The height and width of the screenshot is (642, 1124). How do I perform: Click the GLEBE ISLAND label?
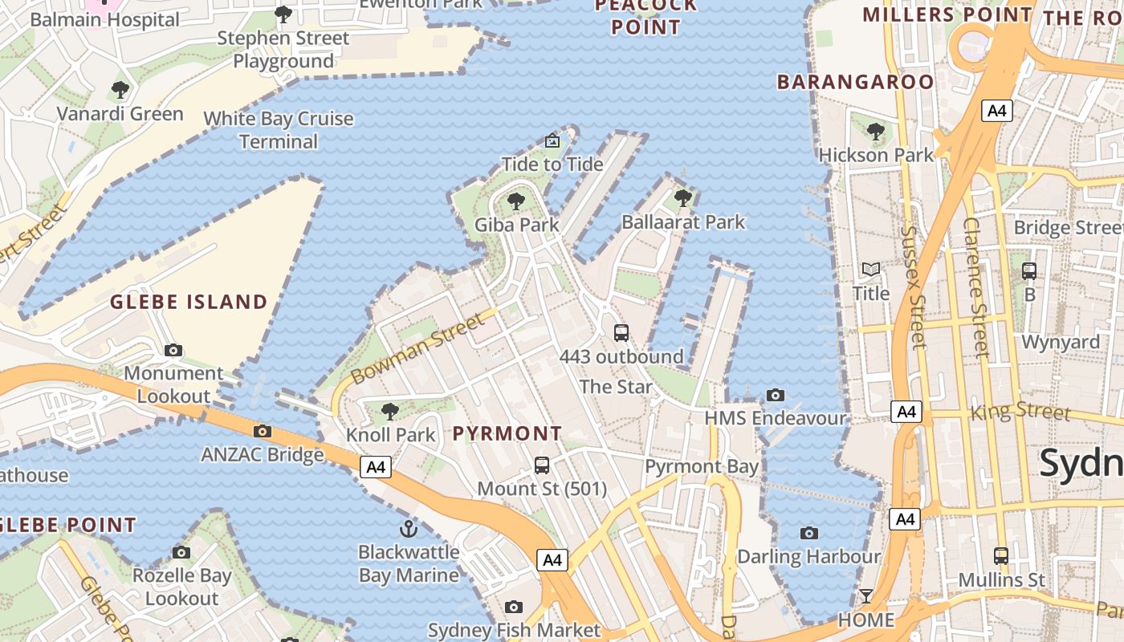189,303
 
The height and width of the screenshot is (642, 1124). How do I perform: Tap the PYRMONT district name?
507,434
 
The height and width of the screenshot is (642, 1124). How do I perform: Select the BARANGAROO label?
856,82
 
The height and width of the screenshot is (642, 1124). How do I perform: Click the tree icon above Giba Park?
516,201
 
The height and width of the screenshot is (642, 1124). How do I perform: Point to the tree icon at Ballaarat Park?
683,197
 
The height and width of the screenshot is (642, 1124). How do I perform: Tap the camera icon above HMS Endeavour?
775,395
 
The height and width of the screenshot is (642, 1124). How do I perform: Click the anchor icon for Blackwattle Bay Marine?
409,529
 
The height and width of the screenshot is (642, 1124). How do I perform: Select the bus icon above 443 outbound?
621,332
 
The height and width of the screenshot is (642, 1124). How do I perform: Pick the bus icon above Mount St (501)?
542,465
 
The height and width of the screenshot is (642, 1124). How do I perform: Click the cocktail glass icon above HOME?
865,596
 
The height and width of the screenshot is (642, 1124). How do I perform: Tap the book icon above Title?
871,270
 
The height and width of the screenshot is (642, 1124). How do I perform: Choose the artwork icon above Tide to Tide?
552,141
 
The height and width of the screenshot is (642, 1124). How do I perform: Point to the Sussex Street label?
914,286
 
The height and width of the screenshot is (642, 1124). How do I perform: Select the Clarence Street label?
976,286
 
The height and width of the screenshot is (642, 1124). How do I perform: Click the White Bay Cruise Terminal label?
279,130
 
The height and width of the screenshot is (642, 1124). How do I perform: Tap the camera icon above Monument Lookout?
173,350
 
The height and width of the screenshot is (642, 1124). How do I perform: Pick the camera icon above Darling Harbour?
809,533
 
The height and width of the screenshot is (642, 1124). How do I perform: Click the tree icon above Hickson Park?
876,131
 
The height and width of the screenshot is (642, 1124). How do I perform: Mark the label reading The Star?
616,387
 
